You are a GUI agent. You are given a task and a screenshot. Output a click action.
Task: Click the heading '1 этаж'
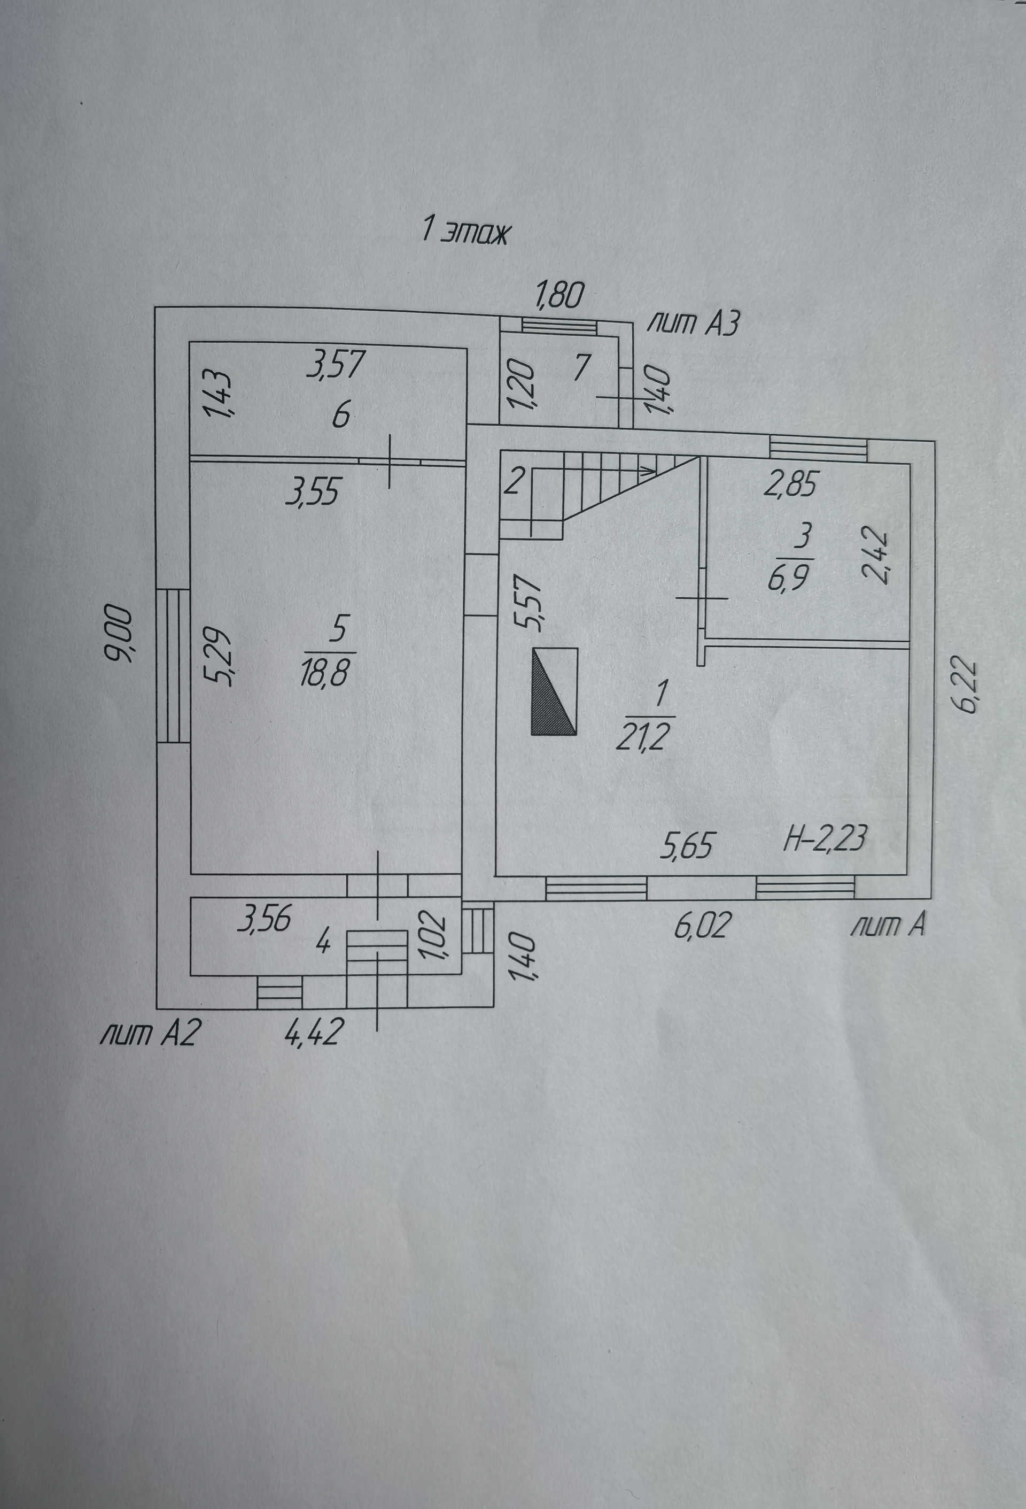tap(465, 232)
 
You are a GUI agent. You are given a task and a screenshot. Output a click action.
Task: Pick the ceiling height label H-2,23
tap(825, 838)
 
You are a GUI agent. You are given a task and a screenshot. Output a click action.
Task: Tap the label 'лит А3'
tap(694, 323)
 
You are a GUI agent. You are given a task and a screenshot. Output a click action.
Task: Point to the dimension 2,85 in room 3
tap(790, 484)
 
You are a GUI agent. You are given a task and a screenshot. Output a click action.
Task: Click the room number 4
tap(323, 943)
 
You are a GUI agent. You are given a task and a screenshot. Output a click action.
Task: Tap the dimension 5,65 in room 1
tap(687, 845)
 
